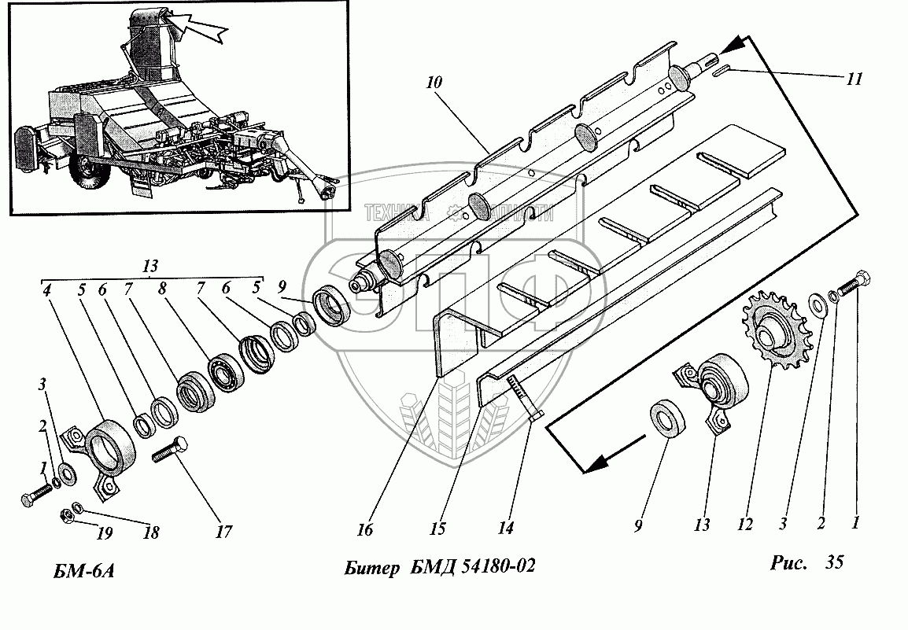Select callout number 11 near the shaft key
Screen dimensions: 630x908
pos(854,79)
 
